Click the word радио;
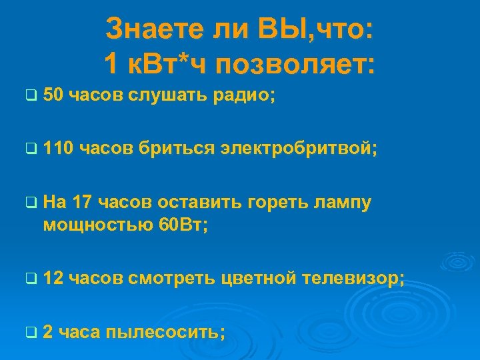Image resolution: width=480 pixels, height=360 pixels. (244, 96)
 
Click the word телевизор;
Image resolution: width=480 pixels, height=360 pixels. (353, 277)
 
